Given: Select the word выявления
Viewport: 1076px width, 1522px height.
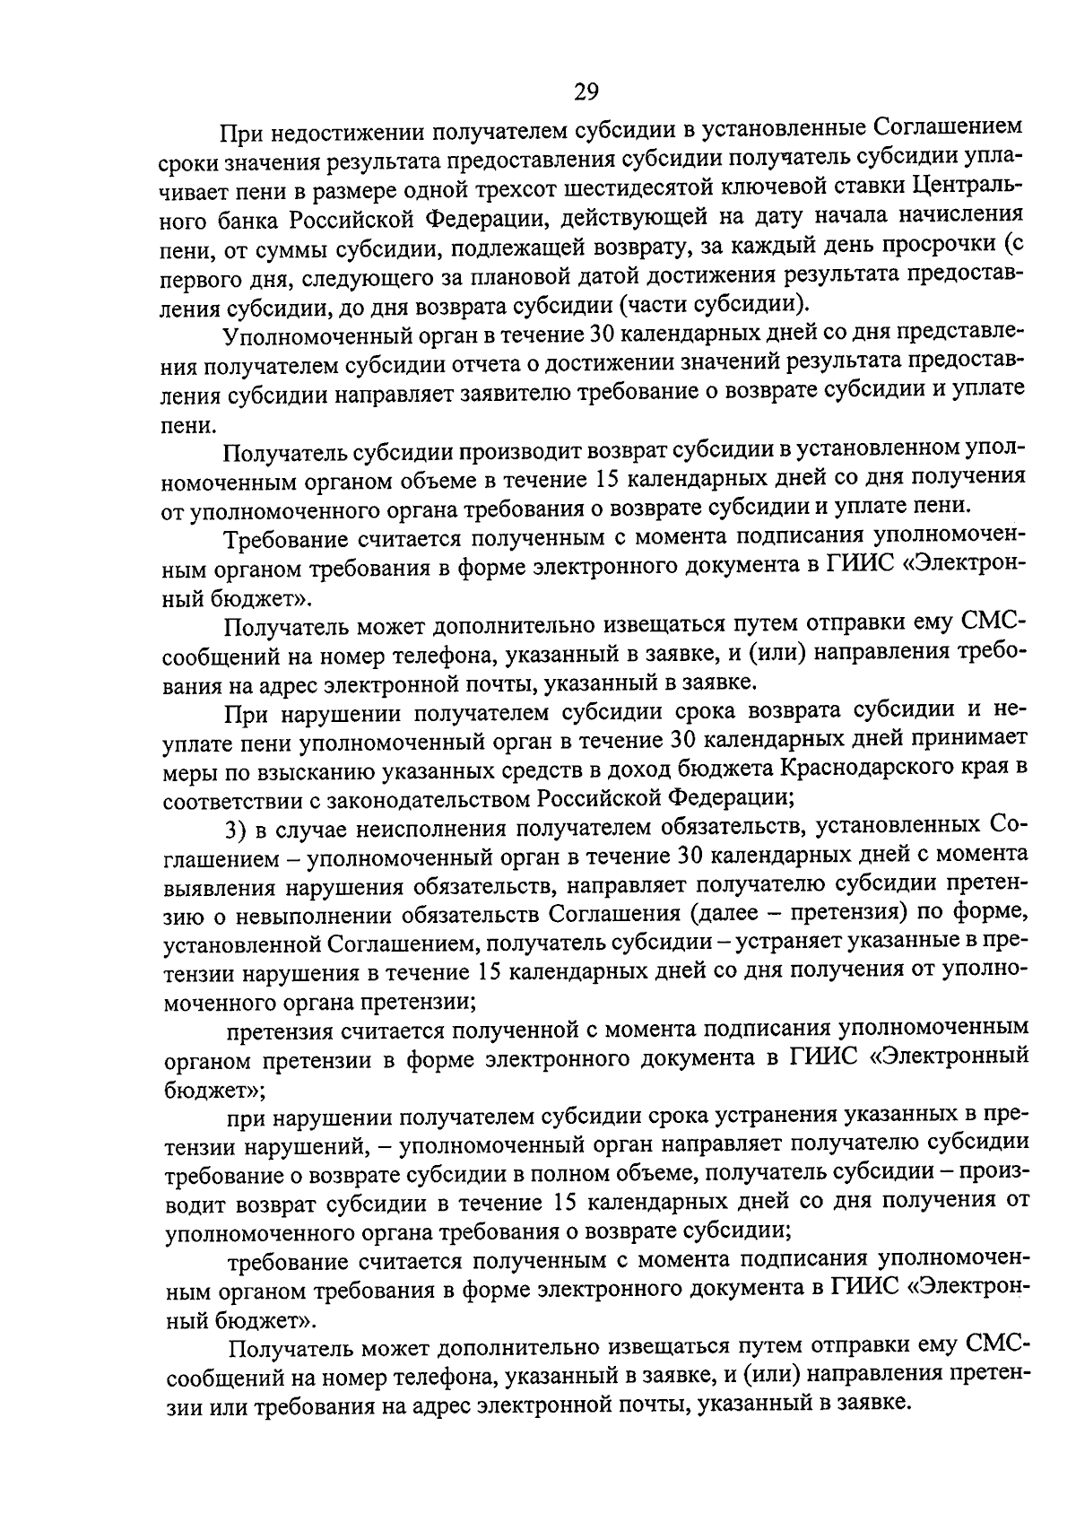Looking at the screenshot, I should (x=221, y=885).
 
